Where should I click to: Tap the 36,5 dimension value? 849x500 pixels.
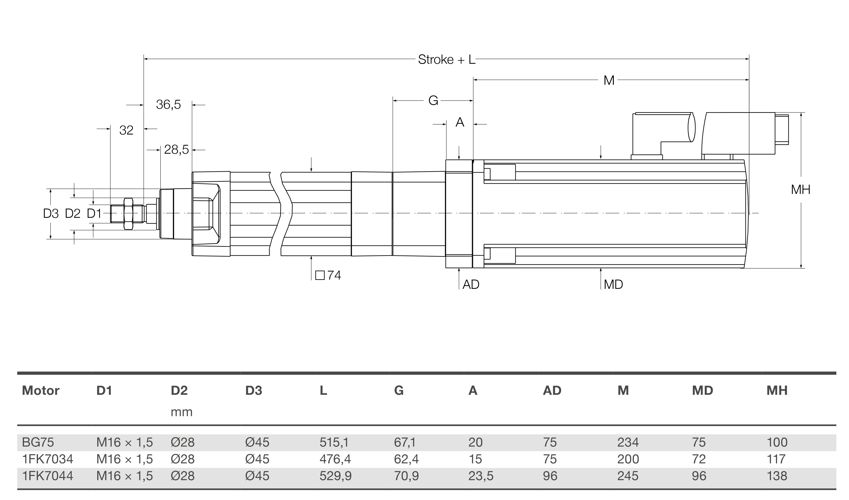tap(168, 105)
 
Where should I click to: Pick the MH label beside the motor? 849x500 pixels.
tap(801, 190)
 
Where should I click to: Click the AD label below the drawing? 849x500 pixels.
tap(471, 285)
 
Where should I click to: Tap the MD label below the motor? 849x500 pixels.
tap(613, 285)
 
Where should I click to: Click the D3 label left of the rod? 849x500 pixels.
tap(51, 214)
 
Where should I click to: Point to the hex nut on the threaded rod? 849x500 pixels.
tap(128, 214)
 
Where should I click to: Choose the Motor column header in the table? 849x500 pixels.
tap(40, 390)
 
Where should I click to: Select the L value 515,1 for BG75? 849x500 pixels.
tap(334, 442)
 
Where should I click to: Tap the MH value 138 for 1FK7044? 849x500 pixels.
tap(777, 476)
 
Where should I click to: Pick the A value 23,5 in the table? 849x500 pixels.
tap(480, 476)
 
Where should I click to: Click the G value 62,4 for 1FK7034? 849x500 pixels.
tap(406, 459)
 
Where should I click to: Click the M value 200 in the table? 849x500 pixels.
tap(628, 459)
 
